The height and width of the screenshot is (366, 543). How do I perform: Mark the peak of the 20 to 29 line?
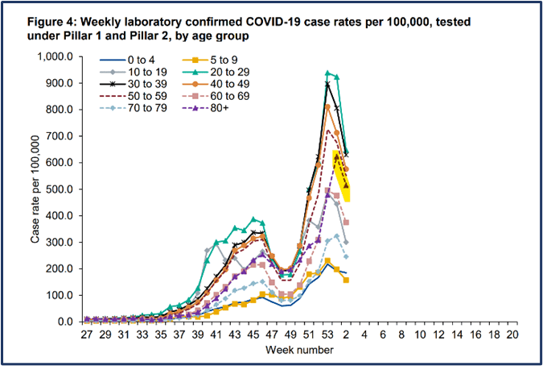coord(327,73)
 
